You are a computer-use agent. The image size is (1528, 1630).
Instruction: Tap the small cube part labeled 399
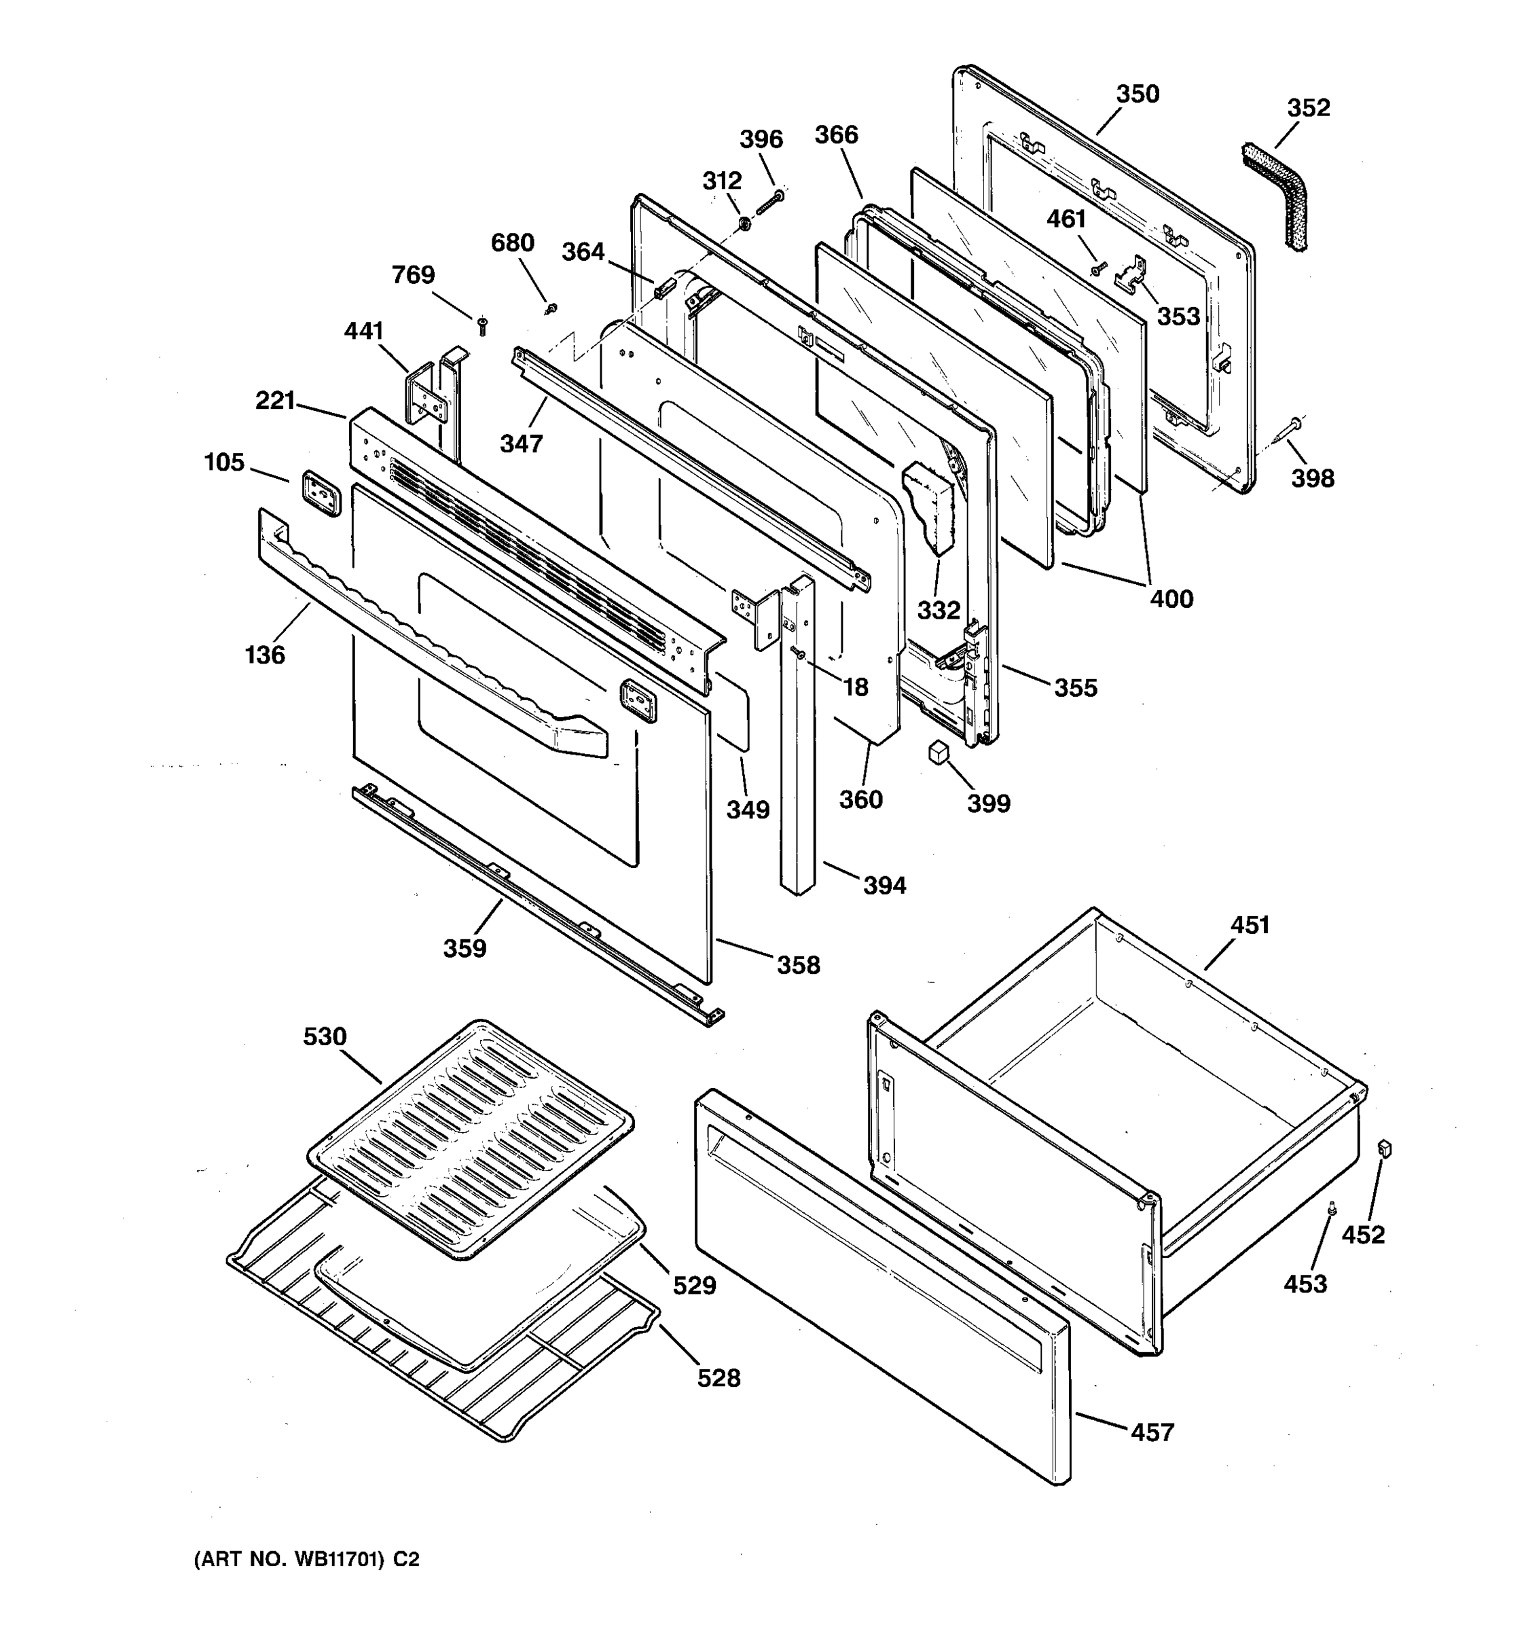tap(938, 752)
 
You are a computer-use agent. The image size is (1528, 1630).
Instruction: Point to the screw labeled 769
tap(483, 325)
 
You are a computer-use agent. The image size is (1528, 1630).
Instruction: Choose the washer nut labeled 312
tap(744, 224)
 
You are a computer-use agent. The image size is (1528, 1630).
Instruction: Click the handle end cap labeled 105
tap(320, 494)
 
